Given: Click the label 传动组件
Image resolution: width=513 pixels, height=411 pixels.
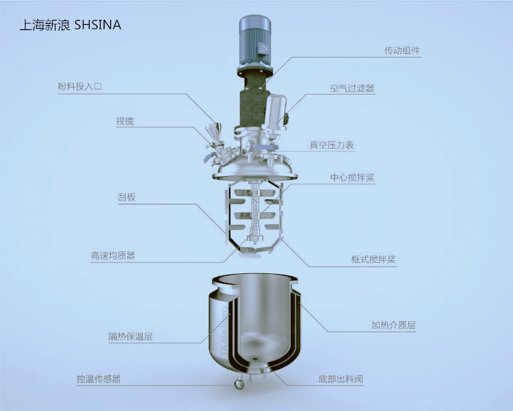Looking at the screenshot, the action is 402,51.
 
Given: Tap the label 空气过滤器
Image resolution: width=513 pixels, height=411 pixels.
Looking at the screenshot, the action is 352,88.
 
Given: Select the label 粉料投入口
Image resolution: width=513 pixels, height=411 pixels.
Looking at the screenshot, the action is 79,86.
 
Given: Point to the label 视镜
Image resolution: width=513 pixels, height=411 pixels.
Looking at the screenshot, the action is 124,121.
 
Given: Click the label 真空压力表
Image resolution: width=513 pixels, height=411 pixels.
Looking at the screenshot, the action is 332,145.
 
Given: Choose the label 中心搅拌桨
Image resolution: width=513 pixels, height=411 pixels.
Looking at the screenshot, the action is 352,177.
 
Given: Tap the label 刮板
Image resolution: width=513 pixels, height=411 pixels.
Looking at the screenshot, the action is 127,197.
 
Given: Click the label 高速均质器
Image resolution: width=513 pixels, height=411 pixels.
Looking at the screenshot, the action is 113,256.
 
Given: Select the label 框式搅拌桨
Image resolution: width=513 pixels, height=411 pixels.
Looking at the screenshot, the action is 373,259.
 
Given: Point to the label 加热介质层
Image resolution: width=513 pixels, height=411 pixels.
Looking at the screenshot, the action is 393,325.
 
